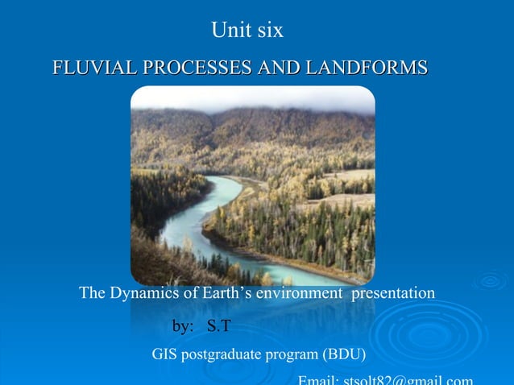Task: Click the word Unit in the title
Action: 230,31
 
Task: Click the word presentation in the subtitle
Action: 392,293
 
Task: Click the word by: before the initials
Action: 184,326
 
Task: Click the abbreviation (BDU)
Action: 344,354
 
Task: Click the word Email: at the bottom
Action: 319,380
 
